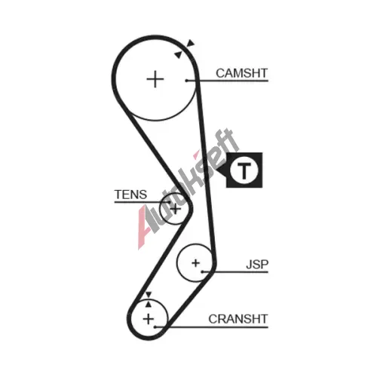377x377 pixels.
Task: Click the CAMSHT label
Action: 241,73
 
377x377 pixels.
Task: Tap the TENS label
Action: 130,195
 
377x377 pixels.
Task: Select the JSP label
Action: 257,265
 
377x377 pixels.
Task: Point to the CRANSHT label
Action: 238,319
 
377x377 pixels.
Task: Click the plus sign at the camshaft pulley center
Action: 155,79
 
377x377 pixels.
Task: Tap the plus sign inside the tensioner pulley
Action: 175,209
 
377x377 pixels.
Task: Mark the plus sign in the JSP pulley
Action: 195,263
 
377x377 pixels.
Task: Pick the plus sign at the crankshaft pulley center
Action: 149,319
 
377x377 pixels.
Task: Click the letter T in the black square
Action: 244,170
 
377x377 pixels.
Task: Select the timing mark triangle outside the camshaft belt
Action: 191,43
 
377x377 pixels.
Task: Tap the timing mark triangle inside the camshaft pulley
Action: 178,55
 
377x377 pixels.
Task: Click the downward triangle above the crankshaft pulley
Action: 149,295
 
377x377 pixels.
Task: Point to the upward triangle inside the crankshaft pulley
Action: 149,305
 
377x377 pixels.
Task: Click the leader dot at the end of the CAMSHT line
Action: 187,81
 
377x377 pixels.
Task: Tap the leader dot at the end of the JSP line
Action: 202,271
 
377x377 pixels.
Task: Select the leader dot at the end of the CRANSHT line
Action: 155,327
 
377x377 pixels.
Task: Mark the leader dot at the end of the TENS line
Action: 169,202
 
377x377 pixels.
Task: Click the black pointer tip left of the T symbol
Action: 217,170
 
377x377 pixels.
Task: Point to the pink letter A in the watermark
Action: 142,228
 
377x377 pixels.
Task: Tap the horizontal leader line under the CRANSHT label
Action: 212,327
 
